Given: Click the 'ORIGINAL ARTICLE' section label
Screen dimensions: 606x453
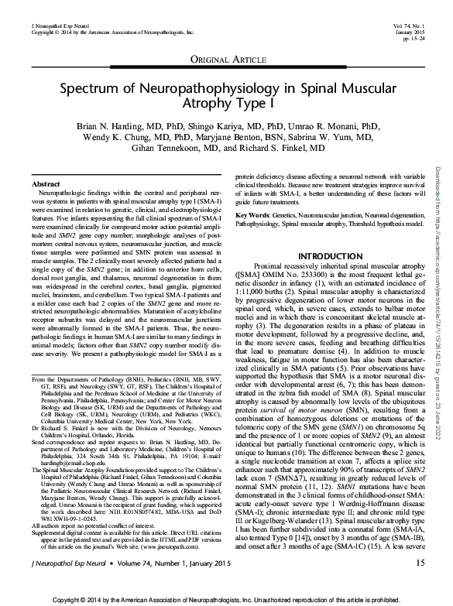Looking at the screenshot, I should (225, 60).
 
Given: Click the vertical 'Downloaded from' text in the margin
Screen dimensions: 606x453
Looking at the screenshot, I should (438, 232).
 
